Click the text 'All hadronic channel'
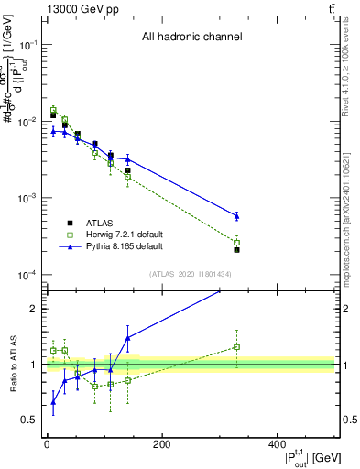coord(191,38)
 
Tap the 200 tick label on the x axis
coord(162,444)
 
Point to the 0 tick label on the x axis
coord(47,444)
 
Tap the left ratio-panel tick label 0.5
coord(29,420)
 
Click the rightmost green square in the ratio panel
coord(236,346)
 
